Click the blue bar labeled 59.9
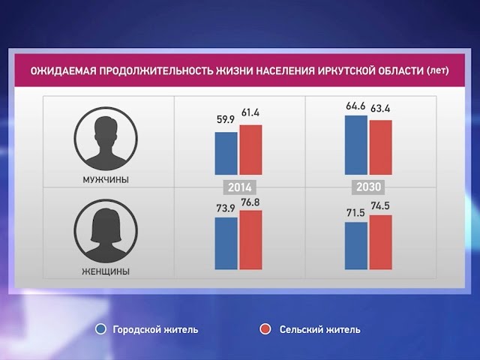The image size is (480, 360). [226, 154]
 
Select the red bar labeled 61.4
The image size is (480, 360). [250, 150]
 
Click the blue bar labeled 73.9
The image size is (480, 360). [226, 243]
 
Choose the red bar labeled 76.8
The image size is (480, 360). [250, 240]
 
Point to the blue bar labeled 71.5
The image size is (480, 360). [355, 245]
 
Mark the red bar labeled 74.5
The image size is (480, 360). [380, 242]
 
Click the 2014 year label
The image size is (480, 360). [238, 187]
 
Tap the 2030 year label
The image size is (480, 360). [367, 187]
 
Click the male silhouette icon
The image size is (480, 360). [106, 139]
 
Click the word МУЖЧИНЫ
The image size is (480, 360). [106, 180]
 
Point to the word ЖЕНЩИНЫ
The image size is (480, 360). [106, 271]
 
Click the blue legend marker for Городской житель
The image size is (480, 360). [101, 329]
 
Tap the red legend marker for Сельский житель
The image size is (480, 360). [264, 329]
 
